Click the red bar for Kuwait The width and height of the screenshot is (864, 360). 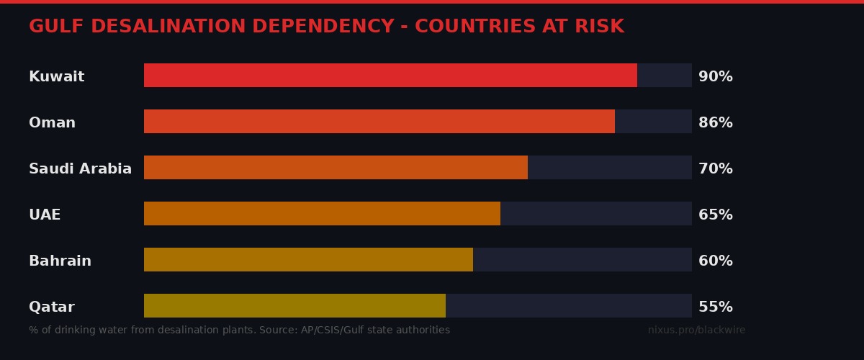pyautogui.click(x=390, y=76)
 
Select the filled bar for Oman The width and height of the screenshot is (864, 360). pyautogui.click(x=379, y=122)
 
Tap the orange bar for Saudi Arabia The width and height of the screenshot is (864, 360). pyautogui.click(x=336, y=168)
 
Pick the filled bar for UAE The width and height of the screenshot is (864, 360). pyautogui.click(x=322, y=214)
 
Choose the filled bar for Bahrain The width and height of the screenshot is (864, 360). pyautogui.click(x=308, y=260)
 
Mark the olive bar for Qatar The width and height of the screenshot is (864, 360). pyautogui.click(x=294, y=306)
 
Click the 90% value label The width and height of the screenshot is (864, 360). pyautogui.click(x=715, y=76)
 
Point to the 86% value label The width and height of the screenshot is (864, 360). pyautogui.click(x=715, y=122)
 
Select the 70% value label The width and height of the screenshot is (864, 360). pyautogui.click(x=715, y=168)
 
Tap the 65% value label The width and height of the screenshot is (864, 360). pyautogui.click(x=715, y=215)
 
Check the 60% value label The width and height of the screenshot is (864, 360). pyautogui.click(x=715, y=261)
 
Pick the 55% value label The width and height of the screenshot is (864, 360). pyautogui.click(x=715, y=307)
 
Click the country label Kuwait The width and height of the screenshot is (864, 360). pyautogui.click(x=56, y=76)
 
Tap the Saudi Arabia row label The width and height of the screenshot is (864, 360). pyautogui.click(x=80, y=168)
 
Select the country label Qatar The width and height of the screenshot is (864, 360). pyautogui.click(x=51, y=307)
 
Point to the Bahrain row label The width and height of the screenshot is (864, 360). pyautogui.click(x=60, y=261)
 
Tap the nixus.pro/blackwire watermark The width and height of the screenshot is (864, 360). pyautogui.click(x=696, y=330)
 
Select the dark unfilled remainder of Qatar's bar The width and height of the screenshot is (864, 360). pyautogui.click(x=569, y=306)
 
